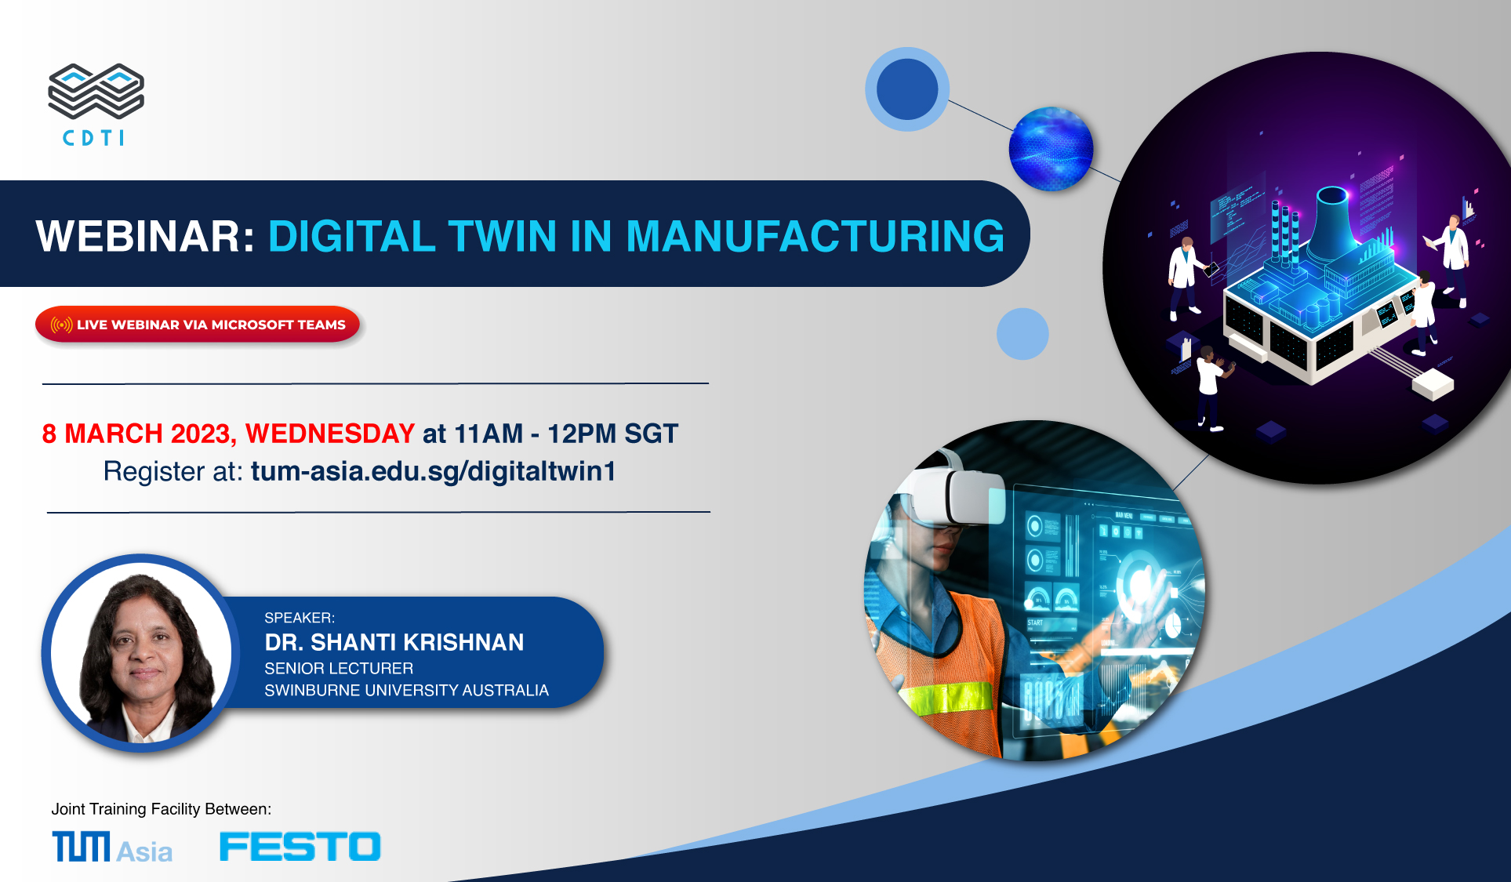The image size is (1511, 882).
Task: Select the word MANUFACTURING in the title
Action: [x=815, y=236]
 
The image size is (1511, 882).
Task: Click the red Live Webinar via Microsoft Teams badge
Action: [x=198, y=325]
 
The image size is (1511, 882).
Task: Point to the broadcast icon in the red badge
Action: [x=62, y=325]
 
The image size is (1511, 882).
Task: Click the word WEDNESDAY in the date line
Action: [x=330, y=434]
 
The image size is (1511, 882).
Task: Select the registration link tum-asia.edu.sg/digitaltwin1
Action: [x=434, y=471]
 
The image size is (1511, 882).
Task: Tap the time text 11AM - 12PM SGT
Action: [x=566, y=434]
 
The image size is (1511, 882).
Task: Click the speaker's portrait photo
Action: [x=141, y=653]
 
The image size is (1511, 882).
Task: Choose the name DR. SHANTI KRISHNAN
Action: [x=394, y=643]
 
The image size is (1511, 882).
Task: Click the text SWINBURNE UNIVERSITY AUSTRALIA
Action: [x=406, y=691]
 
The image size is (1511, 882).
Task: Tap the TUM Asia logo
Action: [x=112, y=848]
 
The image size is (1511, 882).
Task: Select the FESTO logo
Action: [x=300, y=847]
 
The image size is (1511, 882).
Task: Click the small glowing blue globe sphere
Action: [x=1051, y=149]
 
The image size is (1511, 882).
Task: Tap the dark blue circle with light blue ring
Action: [x=907, y=89]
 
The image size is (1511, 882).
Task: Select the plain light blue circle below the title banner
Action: [x=1022, y=334]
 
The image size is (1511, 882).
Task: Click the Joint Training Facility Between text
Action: [x=162, y=809]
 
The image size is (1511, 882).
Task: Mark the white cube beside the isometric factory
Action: [x=1433, y=383]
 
